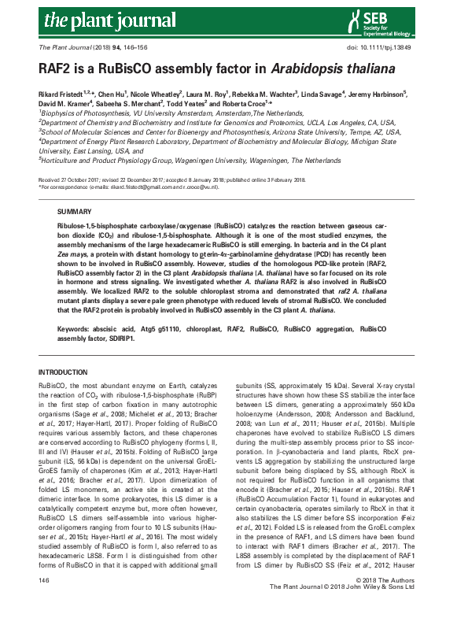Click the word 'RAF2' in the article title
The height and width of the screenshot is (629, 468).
(x=58, y=68)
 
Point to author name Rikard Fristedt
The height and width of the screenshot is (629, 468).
(x=64, y=93)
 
